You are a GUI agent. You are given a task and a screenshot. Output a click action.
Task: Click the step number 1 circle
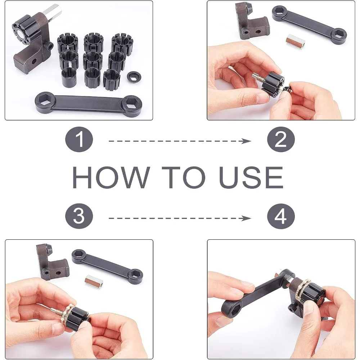click(79, 140)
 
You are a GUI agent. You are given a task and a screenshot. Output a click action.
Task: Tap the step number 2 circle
click(281, 140)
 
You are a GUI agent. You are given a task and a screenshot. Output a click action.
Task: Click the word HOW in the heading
click(112, 177)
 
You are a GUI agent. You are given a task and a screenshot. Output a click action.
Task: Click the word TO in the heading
click(184, 177)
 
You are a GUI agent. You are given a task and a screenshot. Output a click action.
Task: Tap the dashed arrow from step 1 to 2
click(180, 141)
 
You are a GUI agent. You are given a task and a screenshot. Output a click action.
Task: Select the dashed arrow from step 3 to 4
click(180, 218)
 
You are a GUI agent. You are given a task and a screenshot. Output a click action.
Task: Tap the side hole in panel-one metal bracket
click(34, 61)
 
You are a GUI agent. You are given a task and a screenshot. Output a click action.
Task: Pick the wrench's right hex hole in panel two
click(340, 33)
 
